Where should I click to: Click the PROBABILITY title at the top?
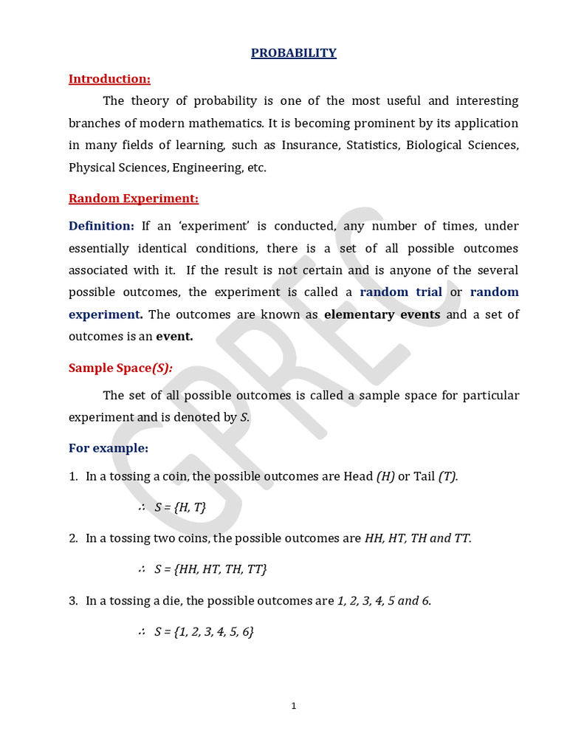tap(293, 53)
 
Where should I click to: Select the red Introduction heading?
tap(109, 79)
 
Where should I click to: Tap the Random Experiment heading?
tap(134, 199)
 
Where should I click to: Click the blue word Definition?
tap(101, 226)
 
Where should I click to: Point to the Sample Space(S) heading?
tap(120, 368)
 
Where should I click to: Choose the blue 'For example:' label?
tap(109, 448)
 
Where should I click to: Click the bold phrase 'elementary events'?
tap(382, 315)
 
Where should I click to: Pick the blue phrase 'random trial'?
tap(401, 292)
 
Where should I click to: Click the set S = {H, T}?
tap(180, 507)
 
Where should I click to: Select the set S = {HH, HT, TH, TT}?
tap(210, 569)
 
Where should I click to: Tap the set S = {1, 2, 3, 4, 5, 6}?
tap(204, 632)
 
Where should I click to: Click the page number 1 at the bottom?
tap(293, 706)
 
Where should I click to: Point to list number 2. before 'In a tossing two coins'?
tap(73, 538)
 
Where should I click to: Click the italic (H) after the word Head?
tap(385, 476)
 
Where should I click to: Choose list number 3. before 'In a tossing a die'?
tap(73, 601)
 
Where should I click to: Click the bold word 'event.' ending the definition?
tap(174, 337)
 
